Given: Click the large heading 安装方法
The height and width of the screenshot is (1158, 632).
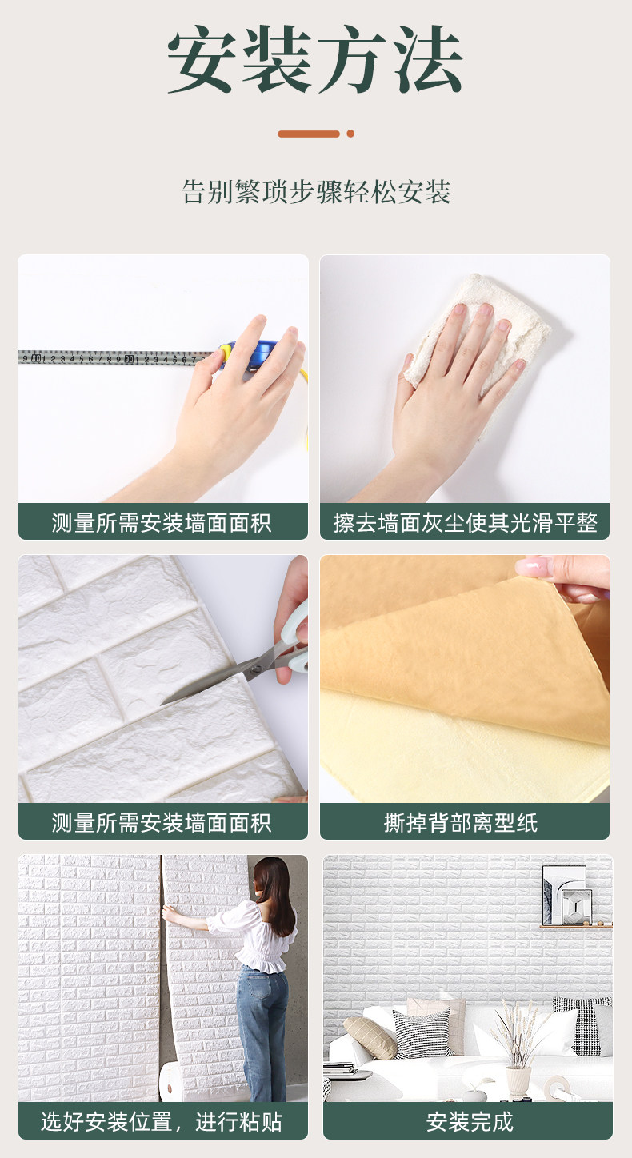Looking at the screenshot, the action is tap(315, 59).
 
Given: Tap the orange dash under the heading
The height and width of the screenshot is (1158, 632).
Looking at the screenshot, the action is tap(309, 134).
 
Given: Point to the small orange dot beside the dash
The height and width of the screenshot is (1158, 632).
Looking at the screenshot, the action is tap(350, 134).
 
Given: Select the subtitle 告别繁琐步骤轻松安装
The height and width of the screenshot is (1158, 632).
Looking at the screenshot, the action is tap(315, 192).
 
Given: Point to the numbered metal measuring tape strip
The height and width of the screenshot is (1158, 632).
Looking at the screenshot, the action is tap(116, 357).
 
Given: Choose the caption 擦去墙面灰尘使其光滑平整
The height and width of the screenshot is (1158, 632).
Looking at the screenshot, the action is tap(466, 523).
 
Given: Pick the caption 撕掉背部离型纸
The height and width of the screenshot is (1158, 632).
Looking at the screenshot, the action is tap(461, 822).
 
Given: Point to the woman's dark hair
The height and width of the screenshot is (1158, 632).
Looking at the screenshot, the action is tap(274, 895).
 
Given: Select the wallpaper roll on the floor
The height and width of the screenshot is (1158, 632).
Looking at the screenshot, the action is tap(173, 1081).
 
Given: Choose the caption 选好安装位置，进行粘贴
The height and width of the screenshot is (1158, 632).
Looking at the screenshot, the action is tap(162, 1122).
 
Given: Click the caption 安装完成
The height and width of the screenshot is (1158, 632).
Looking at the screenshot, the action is tap(470, 1122).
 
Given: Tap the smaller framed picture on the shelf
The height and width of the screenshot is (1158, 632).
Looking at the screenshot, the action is tap(577, 907).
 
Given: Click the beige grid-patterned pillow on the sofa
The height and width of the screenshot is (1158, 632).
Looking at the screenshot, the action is tap(370, 1033).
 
